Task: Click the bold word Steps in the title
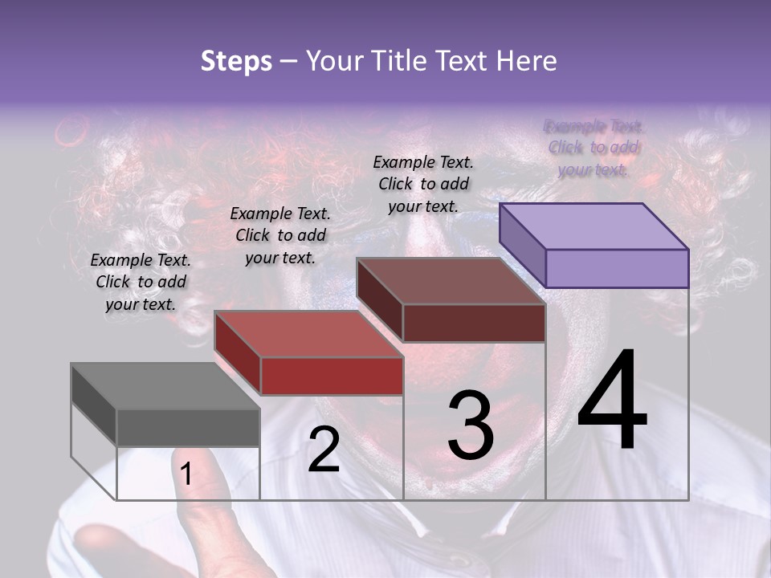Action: coord(236,61)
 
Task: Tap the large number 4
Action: coord(612,401)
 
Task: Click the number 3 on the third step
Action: coord(470,425)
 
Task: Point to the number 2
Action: coord(324,450)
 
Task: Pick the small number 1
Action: coord(186,474)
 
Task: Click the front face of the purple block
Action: coord(617,268)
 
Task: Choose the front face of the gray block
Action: coord(188,428)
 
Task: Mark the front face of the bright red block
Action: coord(331,376)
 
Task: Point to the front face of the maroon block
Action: coord(474,323)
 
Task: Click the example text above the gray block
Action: coord(141,283)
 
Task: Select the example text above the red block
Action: coord(280,236)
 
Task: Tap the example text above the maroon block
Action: coord(423,184)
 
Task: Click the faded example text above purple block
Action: coord(594,148)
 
